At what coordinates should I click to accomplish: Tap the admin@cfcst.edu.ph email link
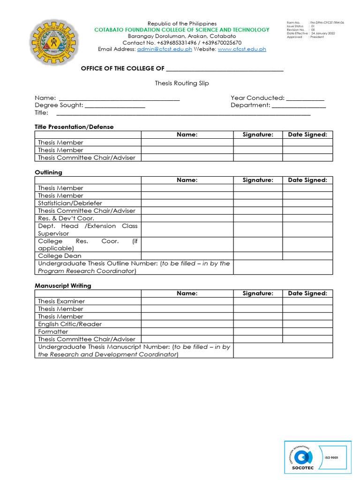pyautogui.click(x=164, y=49)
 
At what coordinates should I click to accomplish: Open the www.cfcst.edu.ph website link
pyautogui.click(x=242, y=49)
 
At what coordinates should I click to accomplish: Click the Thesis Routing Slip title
pyautogui.click(x=182, y=83)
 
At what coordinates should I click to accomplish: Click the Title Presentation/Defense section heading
pyautogui.click(x=74, y=127)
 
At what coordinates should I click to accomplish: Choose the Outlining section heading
pyautogui.click(x=48, y=172)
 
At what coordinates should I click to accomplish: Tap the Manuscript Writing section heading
pyautogui.click(x=63, y=285)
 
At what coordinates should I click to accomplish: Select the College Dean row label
pyautogui.click(x=60, y=256)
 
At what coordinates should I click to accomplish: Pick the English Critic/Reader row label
pyautogui.click(x=70, y=324)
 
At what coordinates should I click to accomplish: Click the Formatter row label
pyautogui.click(x=53, y=331)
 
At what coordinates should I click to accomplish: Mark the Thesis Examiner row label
pyautogui.click(x=61, y=301)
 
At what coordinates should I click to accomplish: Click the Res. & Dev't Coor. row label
pyautogui.click(x=66, y=218)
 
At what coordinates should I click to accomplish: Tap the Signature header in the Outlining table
pyautogui.click(x=258, y=180)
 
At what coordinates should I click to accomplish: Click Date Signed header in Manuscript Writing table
pyautogui.click(x=307, y=293)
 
